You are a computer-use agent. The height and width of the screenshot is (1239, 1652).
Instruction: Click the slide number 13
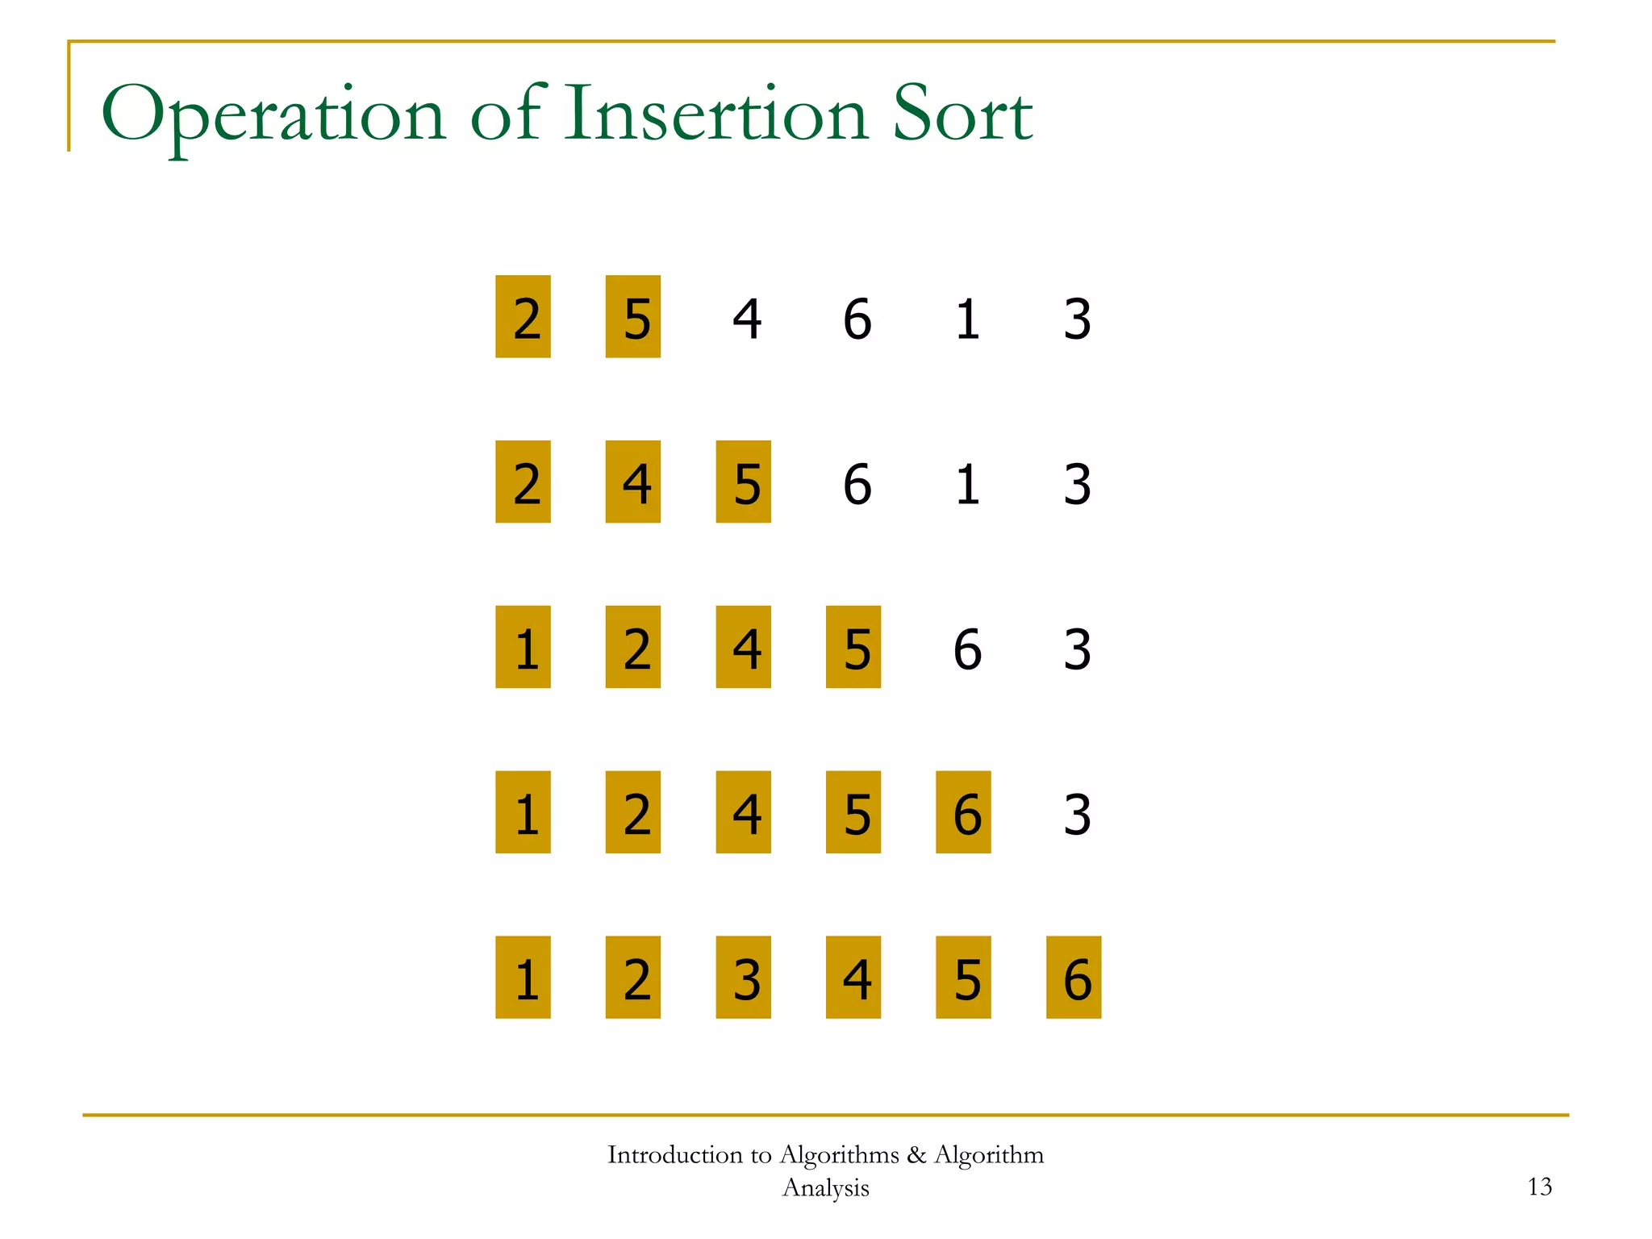1539,1187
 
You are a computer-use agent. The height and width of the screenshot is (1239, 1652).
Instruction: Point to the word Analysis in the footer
825,1188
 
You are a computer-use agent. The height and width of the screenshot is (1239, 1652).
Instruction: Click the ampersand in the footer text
916,1155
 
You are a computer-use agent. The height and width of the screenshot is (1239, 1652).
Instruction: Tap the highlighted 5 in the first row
633,317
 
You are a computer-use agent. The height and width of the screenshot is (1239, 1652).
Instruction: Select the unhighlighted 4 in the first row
746,319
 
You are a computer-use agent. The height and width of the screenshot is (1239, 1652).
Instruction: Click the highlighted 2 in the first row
524,317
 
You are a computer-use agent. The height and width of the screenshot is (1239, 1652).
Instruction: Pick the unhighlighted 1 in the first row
966,319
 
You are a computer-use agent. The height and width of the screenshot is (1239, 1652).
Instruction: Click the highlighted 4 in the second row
633,482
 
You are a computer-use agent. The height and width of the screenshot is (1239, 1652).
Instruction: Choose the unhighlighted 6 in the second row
857,484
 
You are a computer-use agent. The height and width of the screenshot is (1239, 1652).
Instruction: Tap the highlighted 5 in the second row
744,482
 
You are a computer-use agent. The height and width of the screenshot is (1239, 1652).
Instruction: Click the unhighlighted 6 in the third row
966,649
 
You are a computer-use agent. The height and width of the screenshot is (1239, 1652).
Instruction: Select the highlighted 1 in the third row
524,647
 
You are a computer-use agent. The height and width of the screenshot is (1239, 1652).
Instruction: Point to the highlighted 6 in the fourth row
964,812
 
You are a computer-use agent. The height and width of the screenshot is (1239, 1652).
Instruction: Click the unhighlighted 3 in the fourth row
1077,814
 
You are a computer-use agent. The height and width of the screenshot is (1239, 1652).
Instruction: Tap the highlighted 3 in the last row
744,978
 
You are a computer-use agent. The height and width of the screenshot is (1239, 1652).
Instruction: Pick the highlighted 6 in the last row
1074,978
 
